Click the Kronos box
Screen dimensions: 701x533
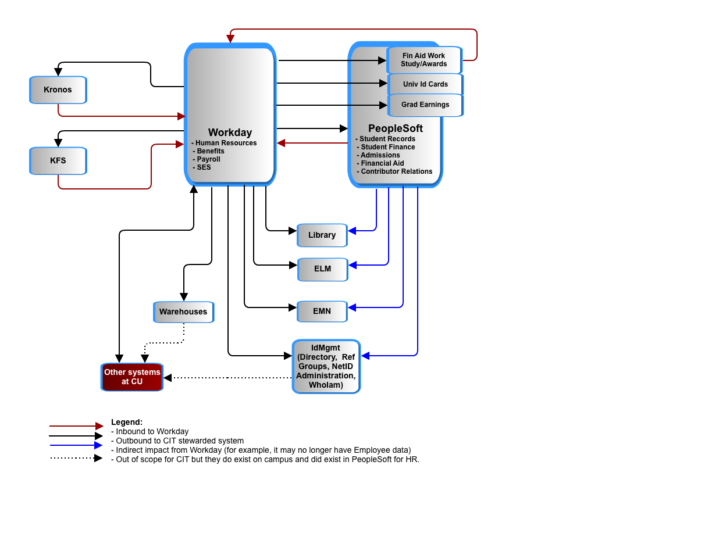(58, 90)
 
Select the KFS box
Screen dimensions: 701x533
(58, 160)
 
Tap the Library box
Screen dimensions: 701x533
(322, 235)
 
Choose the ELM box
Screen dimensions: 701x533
(322, 269)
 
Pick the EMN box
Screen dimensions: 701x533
(322, 311)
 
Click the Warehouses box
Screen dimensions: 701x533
(183, 312)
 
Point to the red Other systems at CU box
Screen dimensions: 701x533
(132, 377)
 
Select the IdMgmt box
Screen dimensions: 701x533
(326, 366)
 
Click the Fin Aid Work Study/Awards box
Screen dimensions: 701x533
(424, 60)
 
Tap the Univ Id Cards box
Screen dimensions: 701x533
(425, 84)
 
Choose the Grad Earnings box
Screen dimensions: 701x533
(425, 105)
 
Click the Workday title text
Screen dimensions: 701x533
(230, 133)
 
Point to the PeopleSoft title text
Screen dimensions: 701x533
(395, 128)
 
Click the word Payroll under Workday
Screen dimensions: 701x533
(208, 159)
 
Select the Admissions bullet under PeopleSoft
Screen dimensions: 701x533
(378, 155)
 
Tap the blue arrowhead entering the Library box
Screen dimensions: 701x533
(352, 231)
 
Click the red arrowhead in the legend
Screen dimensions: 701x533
(99, 426)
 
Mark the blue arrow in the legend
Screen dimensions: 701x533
(76, 445)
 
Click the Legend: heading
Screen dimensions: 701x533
(126, 422)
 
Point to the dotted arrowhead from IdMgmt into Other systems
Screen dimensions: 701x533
(168, 378)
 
